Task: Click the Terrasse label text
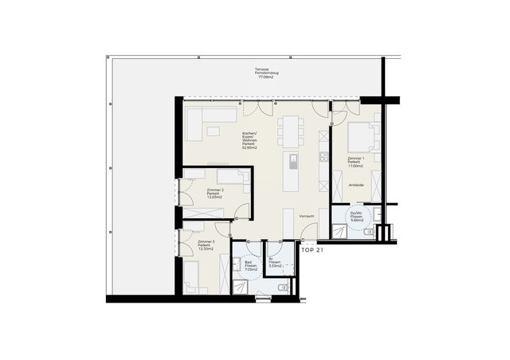[x=260, y=69]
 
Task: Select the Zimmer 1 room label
[x=355, y=159]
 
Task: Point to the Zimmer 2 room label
[x=214, y=190]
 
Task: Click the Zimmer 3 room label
[x=206, y=241]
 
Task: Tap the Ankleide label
[x=355, y=185]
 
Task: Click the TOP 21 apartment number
[x=312, y=250]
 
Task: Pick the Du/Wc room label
[x=356, y=214]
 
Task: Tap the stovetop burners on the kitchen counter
[x=324, y=156]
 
